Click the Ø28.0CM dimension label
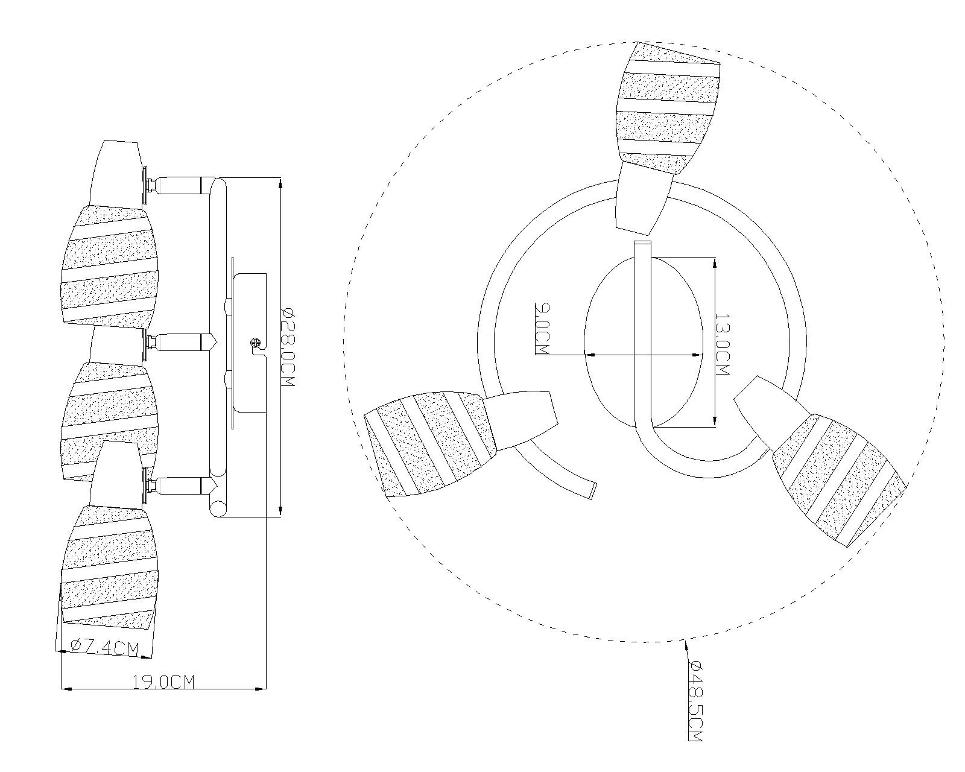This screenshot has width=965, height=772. pyautogui.click(x=288, y=348)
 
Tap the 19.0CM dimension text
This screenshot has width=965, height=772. pyautogui.click(x=164, y=682)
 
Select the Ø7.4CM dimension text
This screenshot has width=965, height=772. pyautogui.click(x=104, y=648)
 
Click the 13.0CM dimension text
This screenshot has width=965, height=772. pyautogui.click(x=722, y=344)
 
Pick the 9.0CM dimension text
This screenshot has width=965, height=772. pyautogui.click(x=541, y=329)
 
